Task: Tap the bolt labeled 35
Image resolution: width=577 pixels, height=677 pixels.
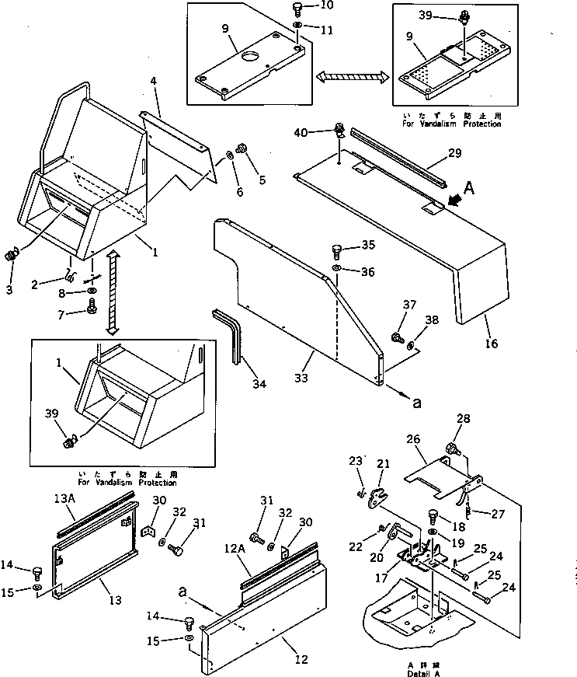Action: [x=337, y=251]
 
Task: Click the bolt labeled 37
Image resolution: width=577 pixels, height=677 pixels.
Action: [x=397, y=337]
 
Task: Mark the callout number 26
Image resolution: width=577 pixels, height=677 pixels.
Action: [x=414, y=438]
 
